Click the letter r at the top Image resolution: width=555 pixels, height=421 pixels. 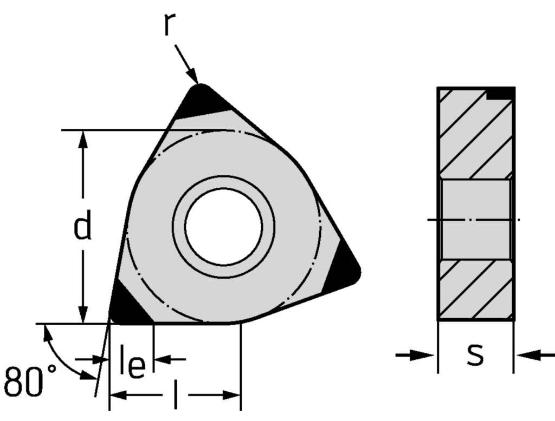[170, 24]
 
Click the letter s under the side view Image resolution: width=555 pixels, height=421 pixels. [475, 354]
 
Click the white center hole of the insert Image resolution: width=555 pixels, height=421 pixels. [224, 227]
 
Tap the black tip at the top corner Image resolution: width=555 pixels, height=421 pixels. [201, 101]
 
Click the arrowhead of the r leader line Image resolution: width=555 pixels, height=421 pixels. [193, 76]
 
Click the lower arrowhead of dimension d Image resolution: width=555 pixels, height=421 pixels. [83, 314]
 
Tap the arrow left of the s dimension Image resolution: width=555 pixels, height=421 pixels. [415, 355]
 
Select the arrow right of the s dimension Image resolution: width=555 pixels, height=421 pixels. [535, 355]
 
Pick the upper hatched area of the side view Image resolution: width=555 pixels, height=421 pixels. [476, 134]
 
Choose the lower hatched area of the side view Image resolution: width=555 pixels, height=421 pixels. [476, 289]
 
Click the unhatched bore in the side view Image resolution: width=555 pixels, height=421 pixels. [476, 220]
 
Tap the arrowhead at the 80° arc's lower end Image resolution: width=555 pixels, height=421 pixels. [88, 375]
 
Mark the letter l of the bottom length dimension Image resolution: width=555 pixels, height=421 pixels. [176, 395]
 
